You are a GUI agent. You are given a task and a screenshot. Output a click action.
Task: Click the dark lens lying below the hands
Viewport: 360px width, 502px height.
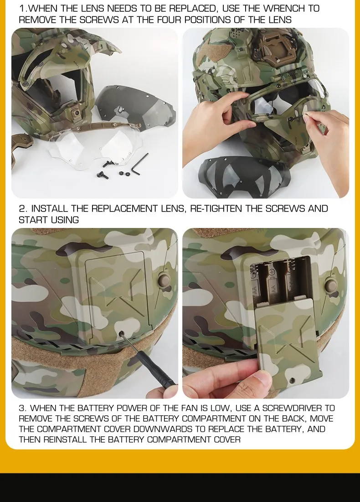pos(244,176)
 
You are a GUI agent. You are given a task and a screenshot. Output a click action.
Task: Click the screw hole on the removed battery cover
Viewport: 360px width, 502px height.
pos(292,381)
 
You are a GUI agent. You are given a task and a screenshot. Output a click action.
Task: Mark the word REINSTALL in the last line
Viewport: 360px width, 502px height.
pos(65,440)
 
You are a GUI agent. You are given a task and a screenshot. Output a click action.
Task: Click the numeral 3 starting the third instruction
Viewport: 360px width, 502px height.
pos(21,408)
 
